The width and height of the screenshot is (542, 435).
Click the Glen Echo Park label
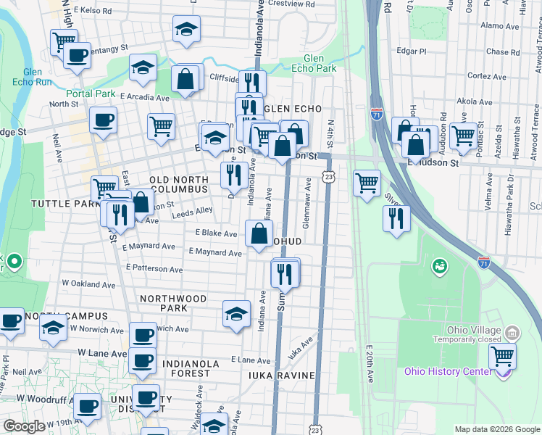(x=320, y=63)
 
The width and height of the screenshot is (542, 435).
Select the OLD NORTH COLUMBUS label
(x=178, y=184)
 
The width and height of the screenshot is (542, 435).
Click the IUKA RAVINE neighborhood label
(x=281, y=375)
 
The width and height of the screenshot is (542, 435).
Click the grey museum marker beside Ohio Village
(x=512, y=333)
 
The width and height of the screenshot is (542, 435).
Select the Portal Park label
(x=91, y=94)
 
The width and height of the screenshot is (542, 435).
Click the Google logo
(x=24, y=426)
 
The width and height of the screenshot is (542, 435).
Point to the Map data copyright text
(x=496, y=429)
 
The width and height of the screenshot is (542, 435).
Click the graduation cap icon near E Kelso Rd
(x=186, y=30)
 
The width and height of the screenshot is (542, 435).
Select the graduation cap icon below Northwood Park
(x=236, y=315)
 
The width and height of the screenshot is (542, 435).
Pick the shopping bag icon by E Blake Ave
(x=259, y=234)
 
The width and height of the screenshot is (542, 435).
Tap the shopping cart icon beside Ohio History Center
(x=502, y=356)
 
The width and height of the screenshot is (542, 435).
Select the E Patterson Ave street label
(x=154, y=268)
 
